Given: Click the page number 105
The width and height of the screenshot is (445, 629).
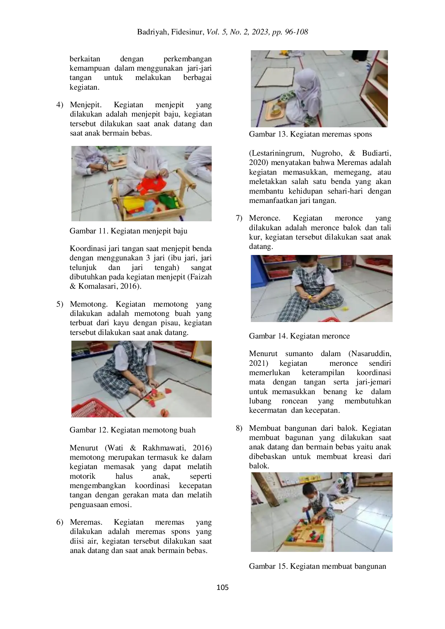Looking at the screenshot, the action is point(222,587).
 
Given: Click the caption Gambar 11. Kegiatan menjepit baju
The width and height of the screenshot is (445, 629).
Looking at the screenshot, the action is point(128,231).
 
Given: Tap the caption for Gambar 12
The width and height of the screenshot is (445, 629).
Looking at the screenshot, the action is point(132,430).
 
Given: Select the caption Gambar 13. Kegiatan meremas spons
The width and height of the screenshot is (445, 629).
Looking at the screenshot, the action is point(310,134).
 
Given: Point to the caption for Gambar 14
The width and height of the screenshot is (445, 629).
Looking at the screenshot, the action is point(299,336).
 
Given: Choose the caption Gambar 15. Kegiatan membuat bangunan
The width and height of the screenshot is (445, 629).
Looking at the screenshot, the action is point(318,566).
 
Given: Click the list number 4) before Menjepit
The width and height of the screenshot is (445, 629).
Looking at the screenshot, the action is point(60,105).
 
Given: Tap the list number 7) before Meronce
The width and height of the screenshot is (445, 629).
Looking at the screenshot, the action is point(239,218).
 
